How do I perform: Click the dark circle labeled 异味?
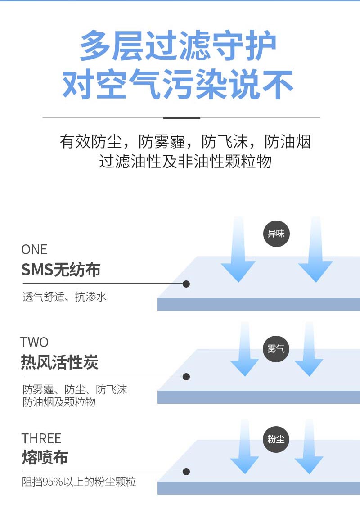(x=276, y=234)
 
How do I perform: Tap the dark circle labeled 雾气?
(x=276, y=349)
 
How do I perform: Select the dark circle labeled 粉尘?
(x=276, y=439)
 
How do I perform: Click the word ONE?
(x=34, y=250)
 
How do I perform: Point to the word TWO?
(x=35, y=342)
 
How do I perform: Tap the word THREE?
(x=41, y=438)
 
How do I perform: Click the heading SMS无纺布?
(x=61, y=270)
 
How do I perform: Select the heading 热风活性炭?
(x=59, y=362)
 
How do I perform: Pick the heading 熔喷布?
(x=45, y=457)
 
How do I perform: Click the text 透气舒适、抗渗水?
(x=64, y=297)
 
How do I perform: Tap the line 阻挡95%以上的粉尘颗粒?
(x=79, y=482)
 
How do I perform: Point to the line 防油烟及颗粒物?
(x=59, y=402)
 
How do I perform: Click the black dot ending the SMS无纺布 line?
(x=186, y=284)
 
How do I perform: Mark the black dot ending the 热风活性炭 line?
(x=186, y=376)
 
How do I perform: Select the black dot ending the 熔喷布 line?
(x=186, y=472)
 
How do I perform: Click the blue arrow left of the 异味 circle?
(x=238, y=250)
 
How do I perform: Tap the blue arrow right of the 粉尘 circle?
(x=309, y=446)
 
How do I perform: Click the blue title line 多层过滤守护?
(x=178, y=45)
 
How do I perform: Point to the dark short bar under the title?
(x=182, y=118)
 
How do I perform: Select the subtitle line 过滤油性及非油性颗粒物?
(x=185, y=161)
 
